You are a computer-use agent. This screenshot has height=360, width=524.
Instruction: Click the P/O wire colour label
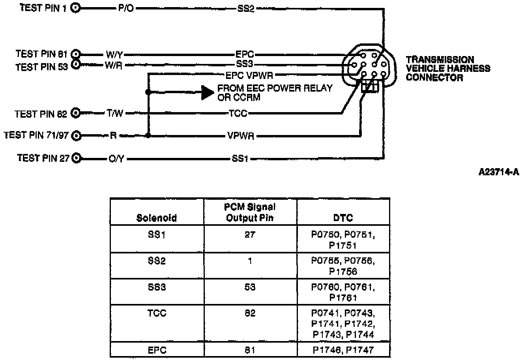coord(126,8)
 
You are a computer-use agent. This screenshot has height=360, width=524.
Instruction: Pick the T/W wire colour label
coord(115,114)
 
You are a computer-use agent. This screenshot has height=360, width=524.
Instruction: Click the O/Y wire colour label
coord(116,159)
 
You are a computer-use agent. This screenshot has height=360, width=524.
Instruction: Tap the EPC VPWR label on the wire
coord(249,74)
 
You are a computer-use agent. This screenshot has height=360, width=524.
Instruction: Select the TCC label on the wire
coord(238,114)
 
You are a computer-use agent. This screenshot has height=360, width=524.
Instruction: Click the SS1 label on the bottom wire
coord(240,159)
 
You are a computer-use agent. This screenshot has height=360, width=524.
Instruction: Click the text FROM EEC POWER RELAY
coord(275,88)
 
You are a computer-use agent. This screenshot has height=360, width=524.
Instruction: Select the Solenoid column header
coord(157,217)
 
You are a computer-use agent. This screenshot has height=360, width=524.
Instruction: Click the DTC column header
coord(343,217)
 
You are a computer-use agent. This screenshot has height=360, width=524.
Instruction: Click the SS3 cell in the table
coord(157,287)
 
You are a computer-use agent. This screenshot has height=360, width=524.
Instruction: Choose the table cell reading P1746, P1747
coord(343,350)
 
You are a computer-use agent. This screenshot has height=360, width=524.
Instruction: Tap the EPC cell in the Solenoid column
coord(157,350)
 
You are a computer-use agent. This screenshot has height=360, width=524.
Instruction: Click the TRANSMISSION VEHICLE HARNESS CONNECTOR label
coord(448,68)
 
